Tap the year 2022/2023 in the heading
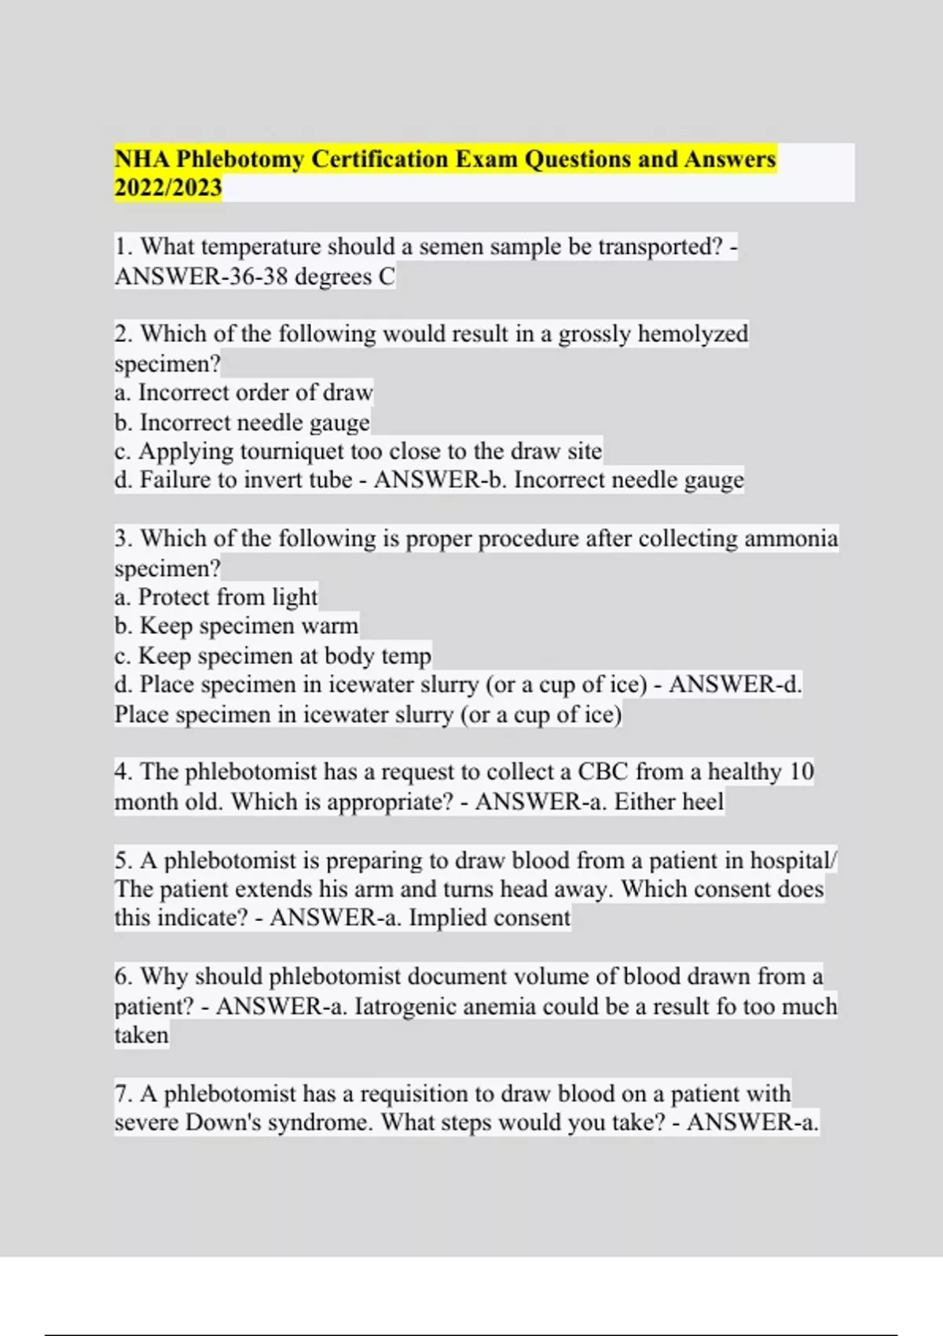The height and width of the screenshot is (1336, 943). point(168,189)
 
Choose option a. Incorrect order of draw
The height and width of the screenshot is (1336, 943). point(244,392)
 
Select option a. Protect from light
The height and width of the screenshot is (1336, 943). point(216,597)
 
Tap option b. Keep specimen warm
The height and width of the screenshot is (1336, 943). point(237,626)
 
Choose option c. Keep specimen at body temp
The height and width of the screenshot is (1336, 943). point(273,655)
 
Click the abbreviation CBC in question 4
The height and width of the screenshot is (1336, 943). point(603,772)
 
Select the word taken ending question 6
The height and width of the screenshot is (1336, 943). point(141,1036)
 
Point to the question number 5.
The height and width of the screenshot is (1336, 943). point(123,861)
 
